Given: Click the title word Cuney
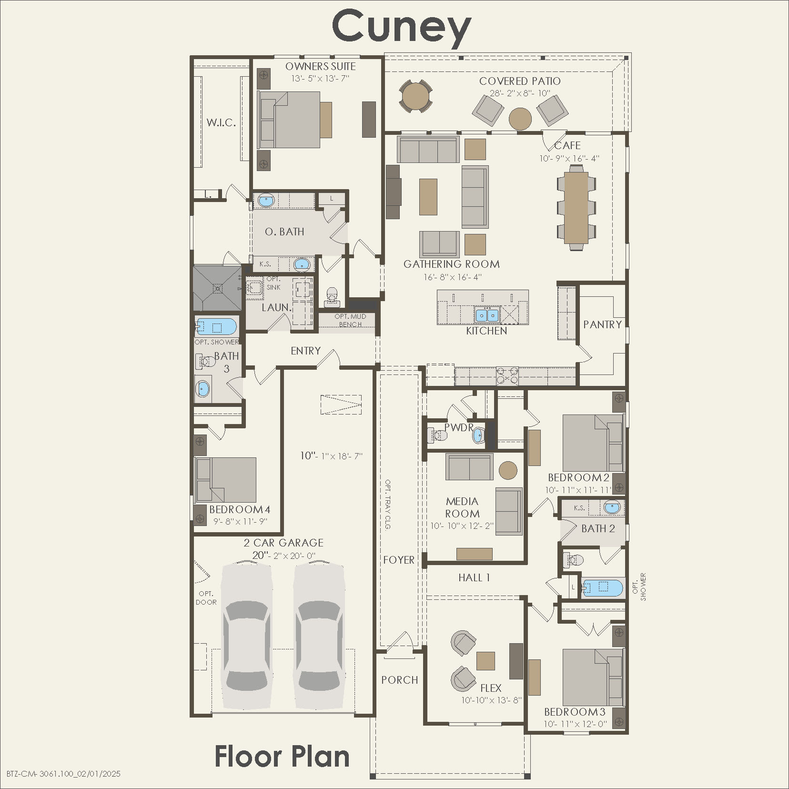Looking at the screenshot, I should (x=401, y=27).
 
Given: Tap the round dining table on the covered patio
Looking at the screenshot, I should (x=415, y=96).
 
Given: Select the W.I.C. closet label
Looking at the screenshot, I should (x=221, y=122).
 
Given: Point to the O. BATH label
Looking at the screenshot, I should (x=284, y=232).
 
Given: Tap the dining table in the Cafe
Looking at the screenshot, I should (x=576, y=207).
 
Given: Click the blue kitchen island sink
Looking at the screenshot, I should (x=486, y=315).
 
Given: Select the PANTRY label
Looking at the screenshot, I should (x=602, y=324).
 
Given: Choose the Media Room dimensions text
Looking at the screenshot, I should (x=462, y=526).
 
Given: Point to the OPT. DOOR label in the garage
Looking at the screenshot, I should (x=206, y=598).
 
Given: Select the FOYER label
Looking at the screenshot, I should (x=399, y=560).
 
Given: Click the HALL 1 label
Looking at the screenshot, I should (x=474, y=577).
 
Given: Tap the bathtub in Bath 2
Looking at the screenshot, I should (x=602, y=587).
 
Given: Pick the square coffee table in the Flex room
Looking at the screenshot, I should (x=486, y=661).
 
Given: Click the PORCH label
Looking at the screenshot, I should (x=399, y=680).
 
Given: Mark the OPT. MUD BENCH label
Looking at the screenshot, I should (x=350, y=320).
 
